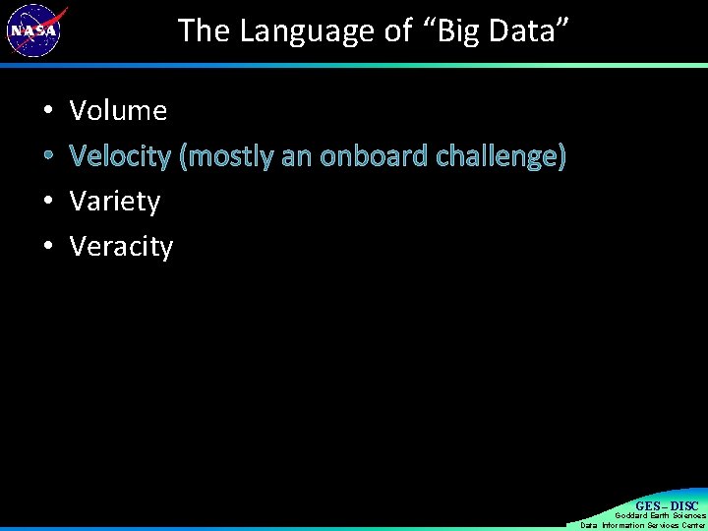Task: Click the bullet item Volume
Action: point(118,111)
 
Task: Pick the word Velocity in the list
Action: point(120,156)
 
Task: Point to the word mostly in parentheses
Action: point(227,156)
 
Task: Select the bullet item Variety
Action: point(115,202)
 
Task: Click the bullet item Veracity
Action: point(121,247)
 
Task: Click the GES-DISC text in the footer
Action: point(667,505)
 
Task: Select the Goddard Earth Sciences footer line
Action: point(660,515)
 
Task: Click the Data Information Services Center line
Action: point(643,525)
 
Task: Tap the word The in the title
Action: point(204,31)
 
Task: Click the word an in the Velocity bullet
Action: point(297,156)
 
